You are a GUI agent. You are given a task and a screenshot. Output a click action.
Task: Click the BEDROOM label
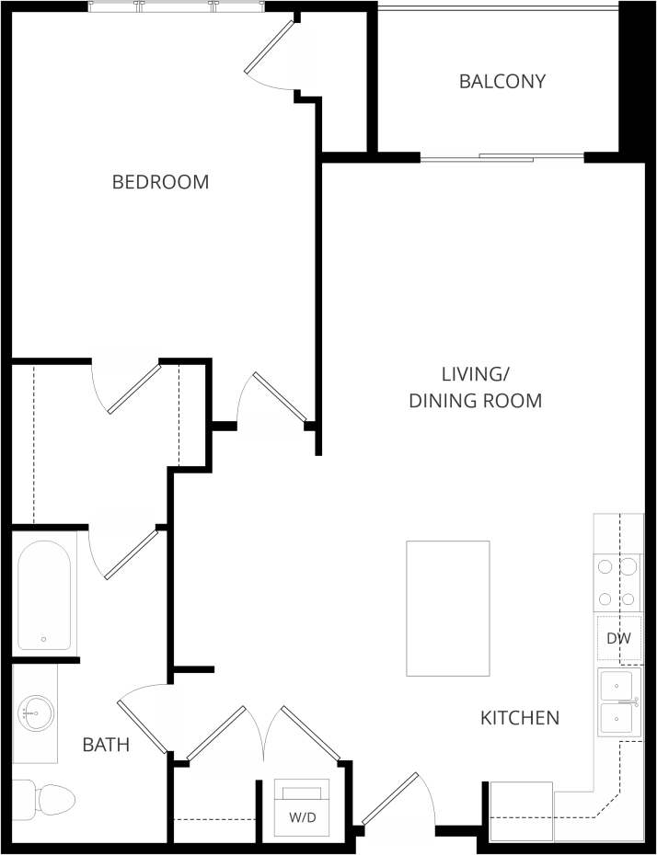pos(160,182)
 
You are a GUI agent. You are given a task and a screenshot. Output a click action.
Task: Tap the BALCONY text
pos(502,81)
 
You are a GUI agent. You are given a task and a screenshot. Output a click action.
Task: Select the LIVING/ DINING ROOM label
pos(475,387)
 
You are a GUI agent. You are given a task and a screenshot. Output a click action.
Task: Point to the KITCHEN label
pos(520,718)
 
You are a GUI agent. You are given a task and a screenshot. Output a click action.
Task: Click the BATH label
pos(106,745)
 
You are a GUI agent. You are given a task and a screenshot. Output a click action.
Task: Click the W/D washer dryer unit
pos(302,807)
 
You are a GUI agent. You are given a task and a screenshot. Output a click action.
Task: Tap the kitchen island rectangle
pos(448,608)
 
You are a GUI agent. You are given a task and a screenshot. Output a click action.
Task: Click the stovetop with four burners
pos(617,584)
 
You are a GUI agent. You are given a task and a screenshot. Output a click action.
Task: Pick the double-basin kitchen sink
pos(618,703)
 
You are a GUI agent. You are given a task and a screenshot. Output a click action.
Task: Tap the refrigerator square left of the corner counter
pos(521,810)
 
